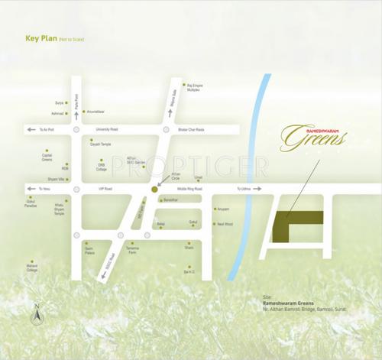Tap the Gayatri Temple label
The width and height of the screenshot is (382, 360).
pos(101,144)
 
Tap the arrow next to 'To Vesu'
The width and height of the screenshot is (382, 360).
pos(31,188)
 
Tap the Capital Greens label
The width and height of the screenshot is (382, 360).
pos(47,157)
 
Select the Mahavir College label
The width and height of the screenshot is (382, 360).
pos(32,268)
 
